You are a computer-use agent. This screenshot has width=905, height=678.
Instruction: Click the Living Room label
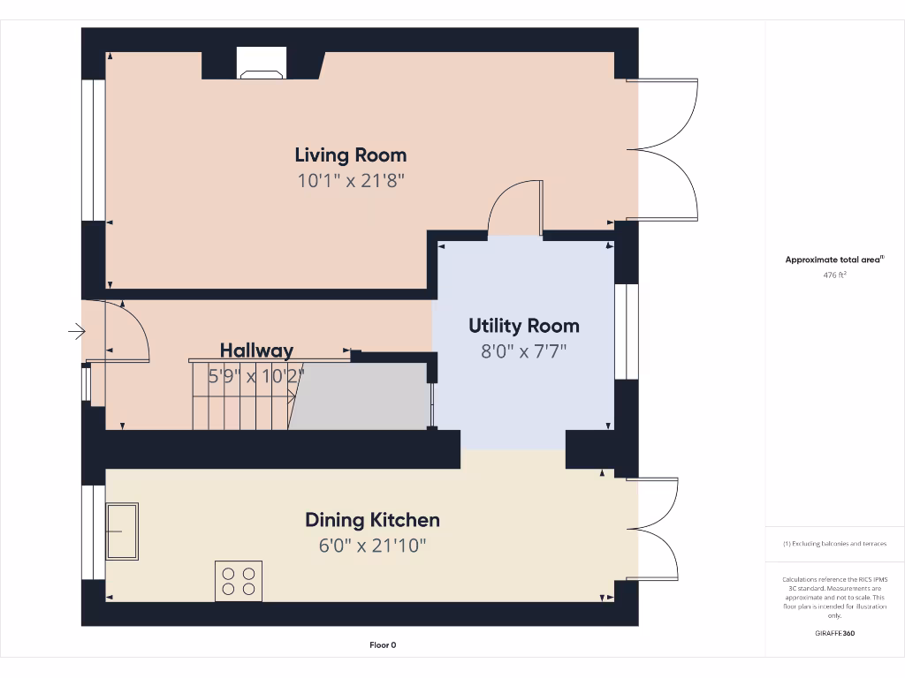tap(351, 155)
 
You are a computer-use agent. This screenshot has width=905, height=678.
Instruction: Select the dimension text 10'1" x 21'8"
tap(351, 181)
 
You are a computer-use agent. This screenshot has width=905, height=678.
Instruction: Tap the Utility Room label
tap(523, 326)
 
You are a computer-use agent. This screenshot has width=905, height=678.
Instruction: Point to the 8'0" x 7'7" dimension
tap(523, 351)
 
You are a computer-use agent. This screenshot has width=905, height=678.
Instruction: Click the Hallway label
tap(256, 350)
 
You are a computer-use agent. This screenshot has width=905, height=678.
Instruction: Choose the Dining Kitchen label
tap(372, 520)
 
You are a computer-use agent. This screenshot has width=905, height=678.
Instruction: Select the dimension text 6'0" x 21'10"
tap(372, 546)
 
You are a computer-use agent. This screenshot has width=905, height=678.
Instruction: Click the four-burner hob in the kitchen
tap(239, 581)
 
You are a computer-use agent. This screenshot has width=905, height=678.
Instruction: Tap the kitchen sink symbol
tap(122, 531)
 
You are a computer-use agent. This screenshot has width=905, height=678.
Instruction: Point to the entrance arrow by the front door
tap(77, 332)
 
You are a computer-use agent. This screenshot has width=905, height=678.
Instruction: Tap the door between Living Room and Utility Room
tap(515, 209)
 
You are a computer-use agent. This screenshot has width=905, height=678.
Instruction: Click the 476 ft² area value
tap(835, 275)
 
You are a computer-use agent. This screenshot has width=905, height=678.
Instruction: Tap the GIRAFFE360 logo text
tap(835, 633)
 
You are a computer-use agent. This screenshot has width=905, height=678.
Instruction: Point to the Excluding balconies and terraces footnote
tap(835, 544)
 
